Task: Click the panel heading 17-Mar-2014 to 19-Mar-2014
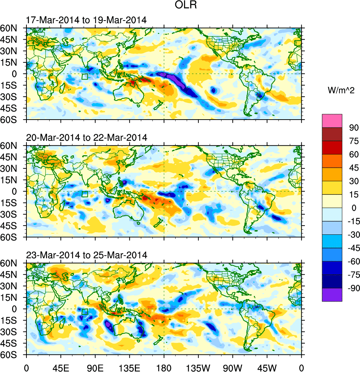[86, 20]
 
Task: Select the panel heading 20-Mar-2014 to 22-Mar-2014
[87, 138]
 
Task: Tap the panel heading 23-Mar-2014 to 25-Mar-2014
[87, 255]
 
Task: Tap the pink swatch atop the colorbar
[332, 121]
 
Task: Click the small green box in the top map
[85, 77]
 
